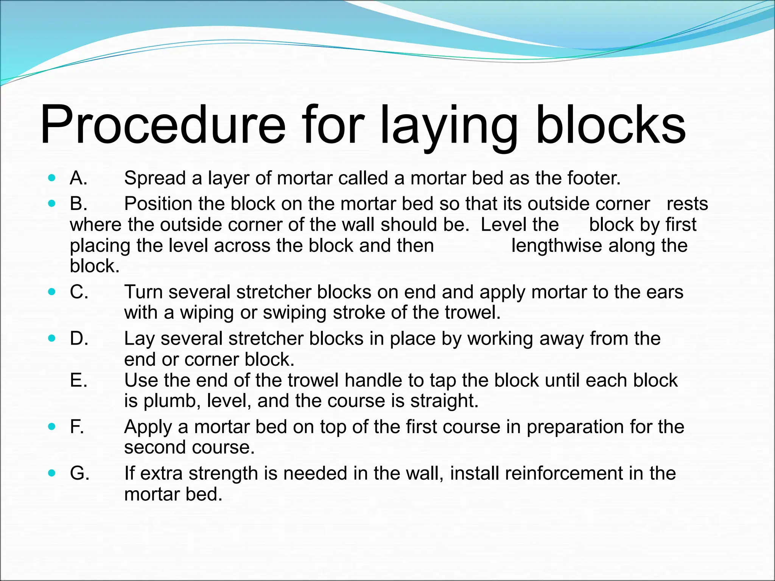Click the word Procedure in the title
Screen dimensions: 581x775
point(163,125)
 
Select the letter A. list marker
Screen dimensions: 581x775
point(78,178)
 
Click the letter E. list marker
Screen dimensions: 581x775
point(79,380)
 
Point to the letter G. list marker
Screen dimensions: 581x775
point(79,473)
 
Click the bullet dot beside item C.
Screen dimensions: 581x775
point(52,292)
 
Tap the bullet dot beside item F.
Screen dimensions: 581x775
point(52,427)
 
